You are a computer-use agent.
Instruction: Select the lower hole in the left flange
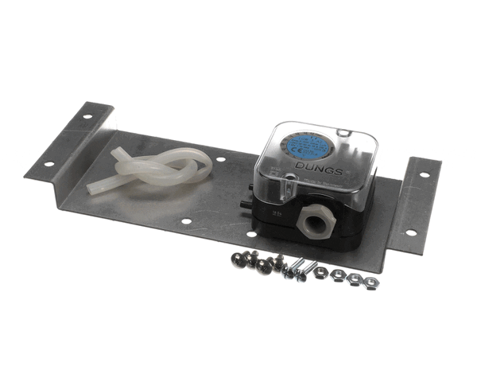pyautogui.click(x=49, y=165)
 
